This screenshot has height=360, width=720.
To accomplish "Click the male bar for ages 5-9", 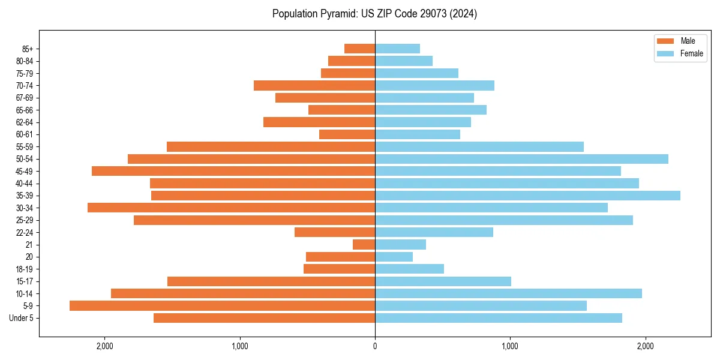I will coord(222,306).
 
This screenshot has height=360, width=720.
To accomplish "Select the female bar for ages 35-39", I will coord(527,196).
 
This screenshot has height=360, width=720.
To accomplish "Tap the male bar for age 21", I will coord(364,245).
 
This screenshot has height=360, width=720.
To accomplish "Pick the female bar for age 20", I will coord(394,257).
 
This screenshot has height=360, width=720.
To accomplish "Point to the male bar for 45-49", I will coord(233,171).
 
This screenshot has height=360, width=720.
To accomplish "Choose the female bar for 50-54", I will coord(521,159).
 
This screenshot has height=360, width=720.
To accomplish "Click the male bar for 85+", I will coord(359,49).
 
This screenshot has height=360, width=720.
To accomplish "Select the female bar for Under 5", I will coord(498,318).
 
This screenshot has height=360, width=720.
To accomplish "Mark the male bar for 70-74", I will coord(314,85).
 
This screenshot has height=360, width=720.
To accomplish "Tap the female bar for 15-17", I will coord(443,281).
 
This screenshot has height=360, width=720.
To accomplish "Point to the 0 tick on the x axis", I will coord(375,346).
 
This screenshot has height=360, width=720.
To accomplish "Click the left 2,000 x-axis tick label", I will coord(105,346).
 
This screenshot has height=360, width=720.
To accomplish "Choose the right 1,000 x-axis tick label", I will coord(510,346).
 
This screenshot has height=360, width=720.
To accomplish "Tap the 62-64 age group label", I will coord(25,122).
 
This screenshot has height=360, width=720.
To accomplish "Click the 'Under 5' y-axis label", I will coord(22,318).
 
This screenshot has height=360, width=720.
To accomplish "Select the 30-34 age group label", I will coord(25,208).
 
